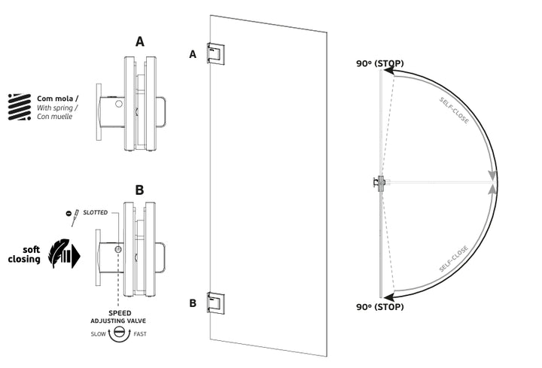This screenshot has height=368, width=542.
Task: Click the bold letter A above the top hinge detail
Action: [x=139, y=42]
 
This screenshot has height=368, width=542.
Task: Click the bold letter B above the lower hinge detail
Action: [x=139, y=190]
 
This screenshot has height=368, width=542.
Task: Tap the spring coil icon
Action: [x=19, y=108]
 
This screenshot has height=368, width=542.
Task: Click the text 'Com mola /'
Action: [x=55, y=98]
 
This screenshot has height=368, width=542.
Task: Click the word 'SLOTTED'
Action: [x=95, y=213]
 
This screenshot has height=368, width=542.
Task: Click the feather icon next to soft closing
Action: [x=62, y=254]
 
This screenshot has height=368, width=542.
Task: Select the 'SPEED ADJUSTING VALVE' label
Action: [x=118, y=316]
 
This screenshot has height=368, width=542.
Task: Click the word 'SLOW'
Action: [x=98, y=334]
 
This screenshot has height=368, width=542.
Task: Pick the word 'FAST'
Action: [x=140, y=334]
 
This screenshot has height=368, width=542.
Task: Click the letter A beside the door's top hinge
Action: [x=193, y=54]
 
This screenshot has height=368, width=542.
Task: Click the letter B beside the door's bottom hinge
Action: [x=193, y=304]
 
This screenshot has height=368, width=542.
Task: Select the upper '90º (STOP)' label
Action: [x=380, y=63]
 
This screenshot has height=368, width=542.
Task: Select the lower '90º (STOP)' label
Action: [x=380, y=307]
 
